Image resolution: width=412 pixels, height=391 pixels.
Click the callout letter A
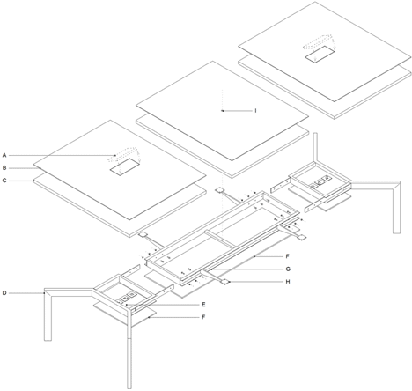4,155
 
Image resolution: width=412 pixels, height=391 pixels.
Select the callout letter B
4,168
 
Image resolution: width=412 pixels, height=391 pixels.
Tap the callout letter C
4,181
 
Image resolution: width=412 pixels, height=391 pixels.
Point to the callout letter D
4,293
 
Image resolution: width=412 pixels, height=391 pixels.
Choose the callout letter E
203,305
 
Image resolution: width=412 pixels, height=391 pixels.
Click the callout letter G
288,269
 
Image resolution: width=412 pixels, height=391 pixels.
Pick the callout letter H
288,282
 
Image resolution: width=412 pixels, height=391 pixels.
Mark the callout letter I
255,111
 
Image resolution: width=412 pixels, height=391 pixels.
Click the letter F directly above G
288,256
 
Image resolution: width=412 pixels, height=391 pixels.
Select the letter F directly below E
203,317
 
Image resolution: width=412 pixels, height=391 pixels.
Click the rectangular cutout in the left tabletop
124,167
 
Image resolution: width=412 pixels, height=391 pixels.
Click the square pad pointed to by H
224,282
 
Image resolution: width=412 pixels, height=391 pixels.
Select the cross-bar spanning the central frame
220,239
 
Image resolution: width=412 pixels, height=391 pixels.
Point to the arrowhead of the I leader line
223,111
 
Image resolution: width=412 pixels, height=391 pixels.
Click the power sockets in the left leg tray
129,296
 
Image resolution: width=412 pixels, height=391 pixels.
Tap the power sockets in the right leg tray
320,182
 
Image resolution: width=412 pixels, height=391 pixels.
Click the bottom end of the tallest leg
129,388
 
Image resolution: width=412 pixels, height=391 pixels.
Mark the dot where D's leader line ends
45,293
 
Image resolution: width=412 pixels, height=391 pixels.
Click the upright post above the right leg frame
315,147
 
